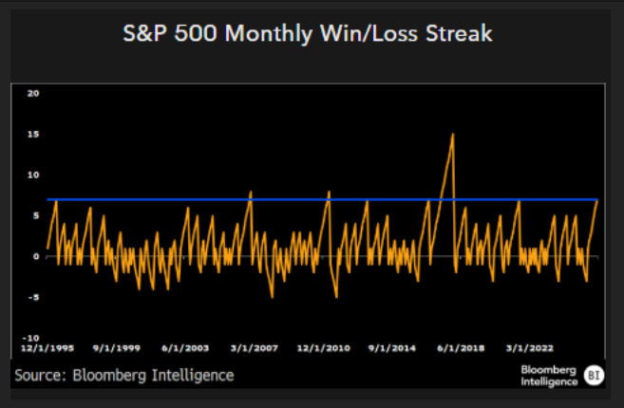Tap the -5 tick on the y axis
[34, 297]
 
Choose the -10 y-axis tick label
[31, 338]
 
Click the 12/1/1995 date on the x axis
[44, 347]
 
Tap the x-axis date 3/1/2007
[253, 347]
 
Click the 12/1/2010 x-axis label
[323, 347]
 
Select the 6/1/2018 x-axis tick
[463, 347]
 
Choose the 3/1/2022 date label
[529, 347]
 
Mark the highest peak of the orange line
[453, 134]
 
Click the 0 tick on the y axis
[35, 256]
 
